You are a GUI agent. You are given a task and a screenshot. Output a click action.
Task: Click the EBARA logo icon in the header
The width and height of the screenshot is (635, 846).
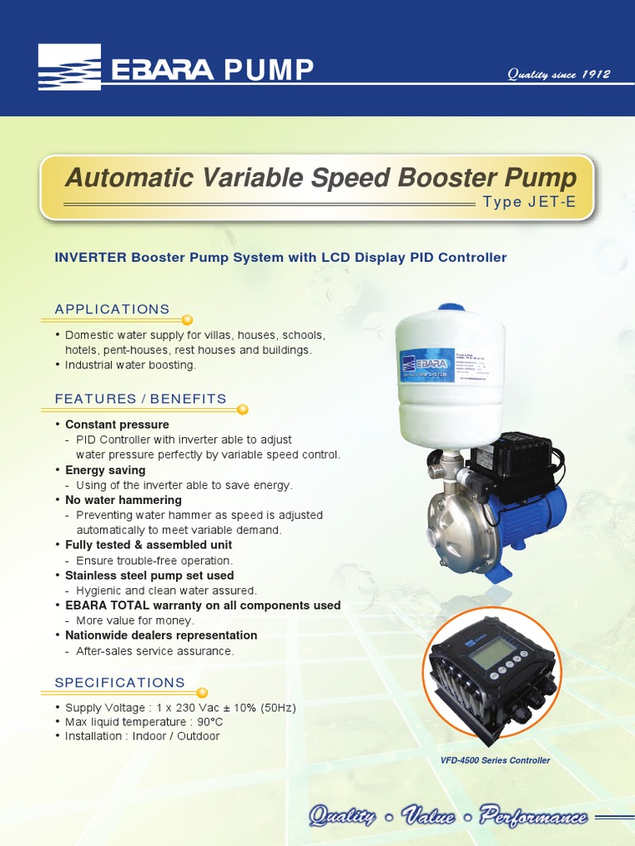(69, 67)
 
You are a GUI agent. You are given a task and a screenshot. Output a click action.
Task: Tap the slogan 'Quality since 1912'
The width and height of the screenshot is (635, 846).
(559, 74)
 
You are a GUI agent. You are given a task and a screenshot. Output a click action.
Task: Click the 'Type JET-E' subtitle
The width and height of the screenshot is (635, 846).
(529, 202)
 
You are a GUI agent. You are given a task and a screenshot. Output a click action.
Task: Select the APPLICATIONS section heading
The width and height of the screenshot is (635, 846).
(112, 309)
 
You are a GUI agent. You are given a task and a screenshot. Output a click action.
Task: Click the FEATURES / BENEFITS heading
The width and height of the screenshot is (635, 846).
(140, 399)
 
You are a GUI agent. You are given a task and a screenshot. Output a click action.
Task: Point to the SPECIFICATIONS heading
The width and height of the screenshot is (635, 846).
(119, 682)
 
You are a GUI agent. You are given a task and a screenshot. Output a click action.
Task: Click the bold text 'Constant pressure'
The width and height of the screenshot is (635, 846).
(117, 425)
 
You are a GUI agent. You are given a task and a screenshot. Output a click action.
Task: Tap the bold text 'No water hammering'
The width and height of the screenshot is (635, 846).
(123, 500)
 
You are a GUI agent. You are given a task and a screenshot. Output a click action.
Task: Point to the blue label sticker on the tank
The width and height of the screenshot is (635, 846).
(427, 364)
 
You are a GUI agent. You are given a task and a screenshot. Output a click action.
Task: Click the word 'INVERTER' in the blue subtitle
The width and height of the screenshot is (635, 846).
(90, 258)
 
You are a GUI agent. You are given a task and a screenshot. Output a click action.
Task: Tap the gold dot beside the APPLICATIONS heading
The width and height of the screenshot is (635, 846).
(187, 319)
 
